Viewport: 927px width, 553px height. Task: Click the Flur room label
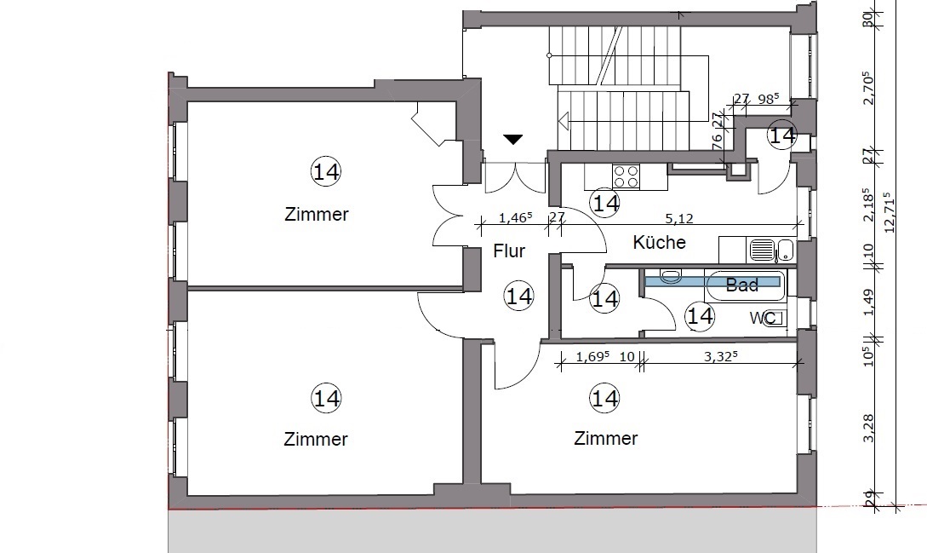(x=509, y=251)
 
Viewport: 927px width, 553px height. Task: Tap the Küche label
(x=659, y=242)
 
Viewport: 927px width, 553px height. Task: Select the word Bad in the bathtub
(x=742, y=285)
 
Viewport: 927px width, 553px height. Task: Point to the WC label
(x=763, y=319)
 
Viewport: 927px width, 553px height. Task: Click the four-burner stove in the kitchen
(x=626, y=176)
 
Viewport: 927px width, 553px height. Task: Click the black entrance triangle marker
(x=512, y=140)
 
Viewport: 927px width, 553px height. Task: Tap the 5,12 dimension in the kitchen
(x=679, y=218)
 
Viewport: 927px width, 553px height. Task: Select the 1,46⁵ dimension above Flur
(x=516, y=218)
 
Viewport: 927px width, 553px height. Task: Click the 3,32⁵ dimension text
(x=721, y=356)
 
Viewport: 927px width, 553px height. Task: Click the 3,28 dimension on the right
(x=868, y=428)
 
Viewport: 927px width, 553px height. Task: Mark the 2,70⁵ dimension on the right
(x=868, y=89)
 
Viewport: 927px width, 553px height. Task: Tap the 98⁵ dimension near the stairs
(x=768, y=99)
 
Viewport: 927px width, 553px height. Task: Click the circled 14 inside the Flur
(x=519, y=296)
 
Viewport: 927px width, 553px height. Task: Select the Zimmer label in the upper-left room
(x=317, y=214)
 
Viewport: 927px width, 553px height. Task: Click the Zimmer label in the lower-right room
(x=606, y=438)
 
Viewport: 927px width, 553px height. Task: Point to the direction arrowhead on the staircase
(x=564, y=121)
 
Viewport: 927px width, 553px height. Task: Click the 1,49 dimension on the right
(x=868, y=302)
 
